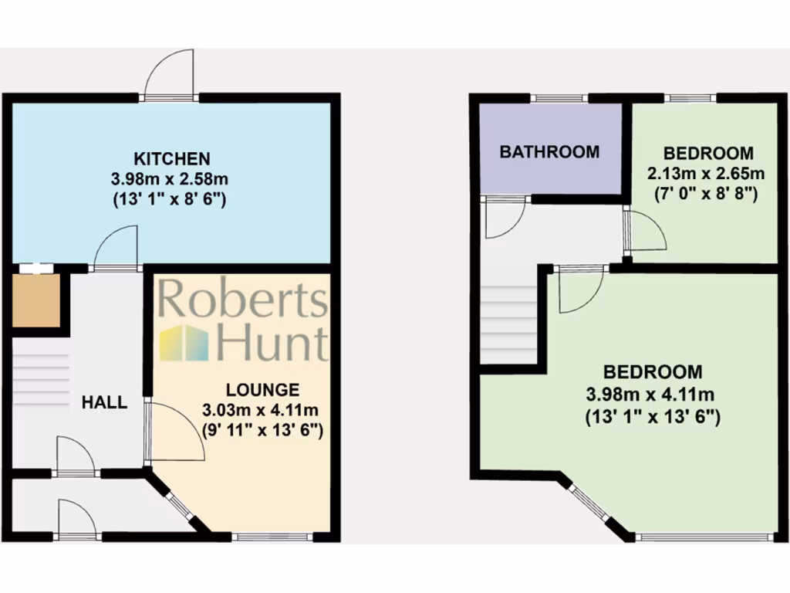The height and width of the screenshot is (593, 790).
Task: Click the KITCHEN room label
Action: [172, 159]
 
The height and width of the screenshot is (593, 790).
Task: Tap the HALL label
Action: [104, 402]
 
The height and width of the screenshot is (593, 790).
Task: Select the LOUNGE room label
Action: [262, 390]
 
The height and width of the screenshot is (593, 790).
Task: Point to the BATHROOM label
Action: [549, 151]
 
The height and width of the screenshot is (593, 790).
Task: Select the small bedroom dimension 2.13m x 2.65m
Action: [706, 172]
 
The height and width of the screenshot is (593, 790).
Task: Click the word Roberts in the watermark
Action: [243, 300]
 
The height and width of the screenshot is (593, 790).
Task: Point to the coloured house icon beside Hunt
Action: [184, 343]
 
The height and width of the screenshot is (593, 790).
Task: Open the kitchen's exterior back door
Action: [170, 76]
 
